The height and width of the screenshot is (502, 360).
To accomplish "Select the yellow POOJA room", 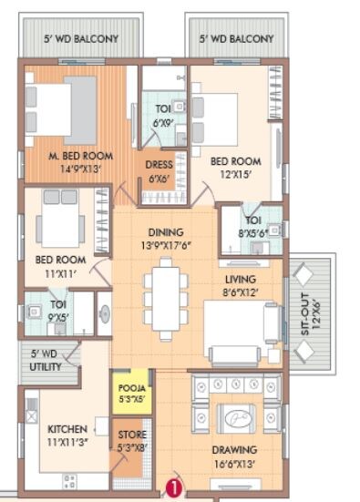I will [x=129, y=393].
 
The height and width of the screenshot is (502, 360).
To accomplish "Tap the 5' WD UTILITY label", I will [x=45, y=360].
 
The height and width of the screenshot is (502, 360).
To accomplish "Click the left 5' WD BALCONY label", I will [x=83, y=39].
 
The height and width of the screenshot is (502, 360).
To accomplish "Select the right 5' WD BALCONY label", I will [x=237, y=39].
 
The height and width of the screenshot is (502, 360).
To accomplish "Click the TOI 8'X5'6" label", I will [x=252, y=227].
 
